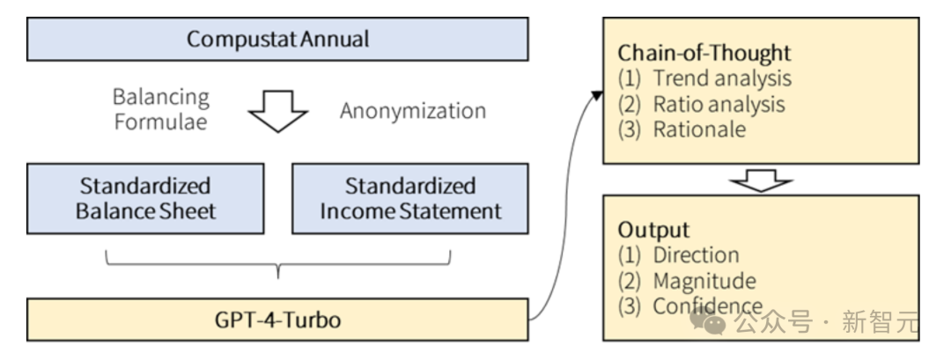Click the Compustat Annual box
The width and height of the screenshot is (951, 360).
pos(277,40)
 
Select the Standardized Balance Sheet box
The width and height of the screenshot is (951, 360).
pos(145,198)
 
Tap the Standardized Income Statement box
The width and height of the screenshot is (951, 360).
pos(410,198)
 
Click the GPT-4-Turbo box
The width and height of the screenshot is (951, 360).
pos(277,320)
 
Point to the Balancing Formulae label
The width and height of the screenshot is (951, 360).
pos(161,109)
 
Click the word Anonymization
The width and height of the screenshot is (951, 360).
pos(413,111)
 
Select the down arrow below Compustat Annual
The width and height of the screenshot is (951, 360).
pos(278,111)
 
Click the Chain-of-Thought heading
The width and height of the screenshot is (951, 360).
pos(704,54)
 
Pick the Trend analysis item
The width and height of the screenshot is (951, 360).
pos(704,79)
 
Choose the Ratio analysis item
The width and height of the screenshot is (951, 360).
pos(701,104)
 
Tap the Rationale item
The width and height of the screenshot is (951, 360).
pos(682,129)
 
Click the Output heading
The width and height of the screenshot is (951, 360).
pos(653,230)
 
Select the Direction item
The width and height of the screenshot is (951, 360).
pos(678,255)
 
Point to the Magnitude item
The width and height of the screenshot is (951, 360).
pos(687,281)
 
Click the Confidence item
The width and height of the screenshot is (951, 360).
pos(690,306)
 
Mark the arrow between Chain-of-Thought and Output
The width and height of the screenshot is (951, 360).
pos(761,180)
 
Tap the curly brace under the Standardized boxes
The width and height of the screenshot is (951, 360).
pos(277,264)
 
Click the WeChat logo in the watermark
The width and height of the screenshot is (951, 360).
pos(708,320)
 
